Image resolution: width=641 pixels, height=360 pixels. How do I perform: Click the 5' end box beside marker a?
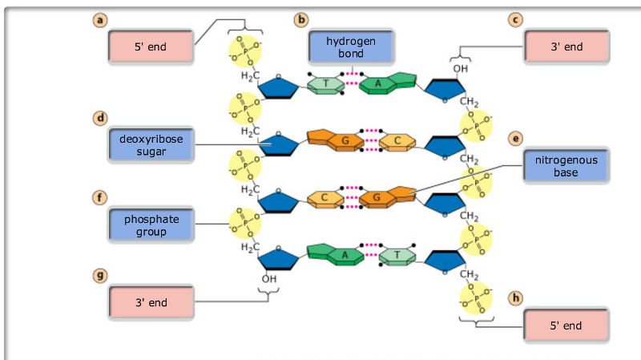(151, 47)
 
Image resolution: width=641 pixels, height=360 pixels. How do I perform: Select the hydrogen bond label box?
(351, 47)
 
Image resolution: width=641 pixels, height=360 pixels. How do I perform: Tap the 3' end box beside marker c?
(566, 47)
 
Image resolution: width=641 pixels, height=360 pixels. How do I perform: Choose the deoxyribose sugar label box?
(151, 145)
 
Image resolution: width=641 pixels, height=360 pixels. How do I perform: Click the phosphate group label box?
(151, 225)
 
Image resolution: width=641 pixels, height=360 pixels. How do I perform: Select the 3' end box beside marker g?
(151, 303)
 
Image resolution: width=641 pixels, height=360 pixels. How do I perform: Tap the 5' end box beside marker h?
(566, 326)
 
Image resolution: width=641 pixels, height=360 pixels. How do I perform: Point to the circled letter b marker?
(301, 19)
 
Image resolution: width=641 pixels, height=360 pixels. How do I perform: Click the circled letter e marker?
(515, 138)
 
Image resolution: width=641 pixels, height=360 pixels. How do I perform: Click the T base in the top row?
(325, 83)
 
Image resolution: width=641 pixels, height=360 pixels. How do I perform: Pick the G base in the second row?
(345, 141)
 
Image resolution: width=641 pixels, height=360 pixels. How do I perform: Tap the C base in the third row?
(325, 197)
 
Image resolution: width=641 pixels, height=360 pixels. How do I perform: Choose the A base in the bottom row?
(347, 255)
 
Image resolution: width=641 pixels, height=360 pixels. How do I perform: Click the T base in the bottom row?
(397, 255)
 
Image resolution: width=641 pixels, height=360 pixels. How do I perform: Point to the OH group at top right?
(459, 69)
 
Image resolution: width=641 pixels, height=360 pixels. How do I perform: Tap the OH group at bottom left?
(268, 277)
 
